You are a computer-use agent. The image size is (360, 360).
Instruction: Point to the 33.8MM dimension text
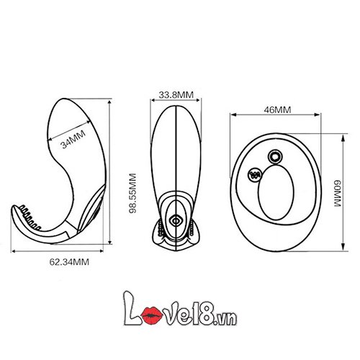(x=175, y=94)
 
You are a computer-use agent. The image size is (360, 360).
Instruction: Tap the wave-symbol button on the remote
(x=254, y=174)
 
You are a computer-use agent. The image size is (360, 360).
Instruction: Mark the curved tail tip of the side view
(x=14, y=212)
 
